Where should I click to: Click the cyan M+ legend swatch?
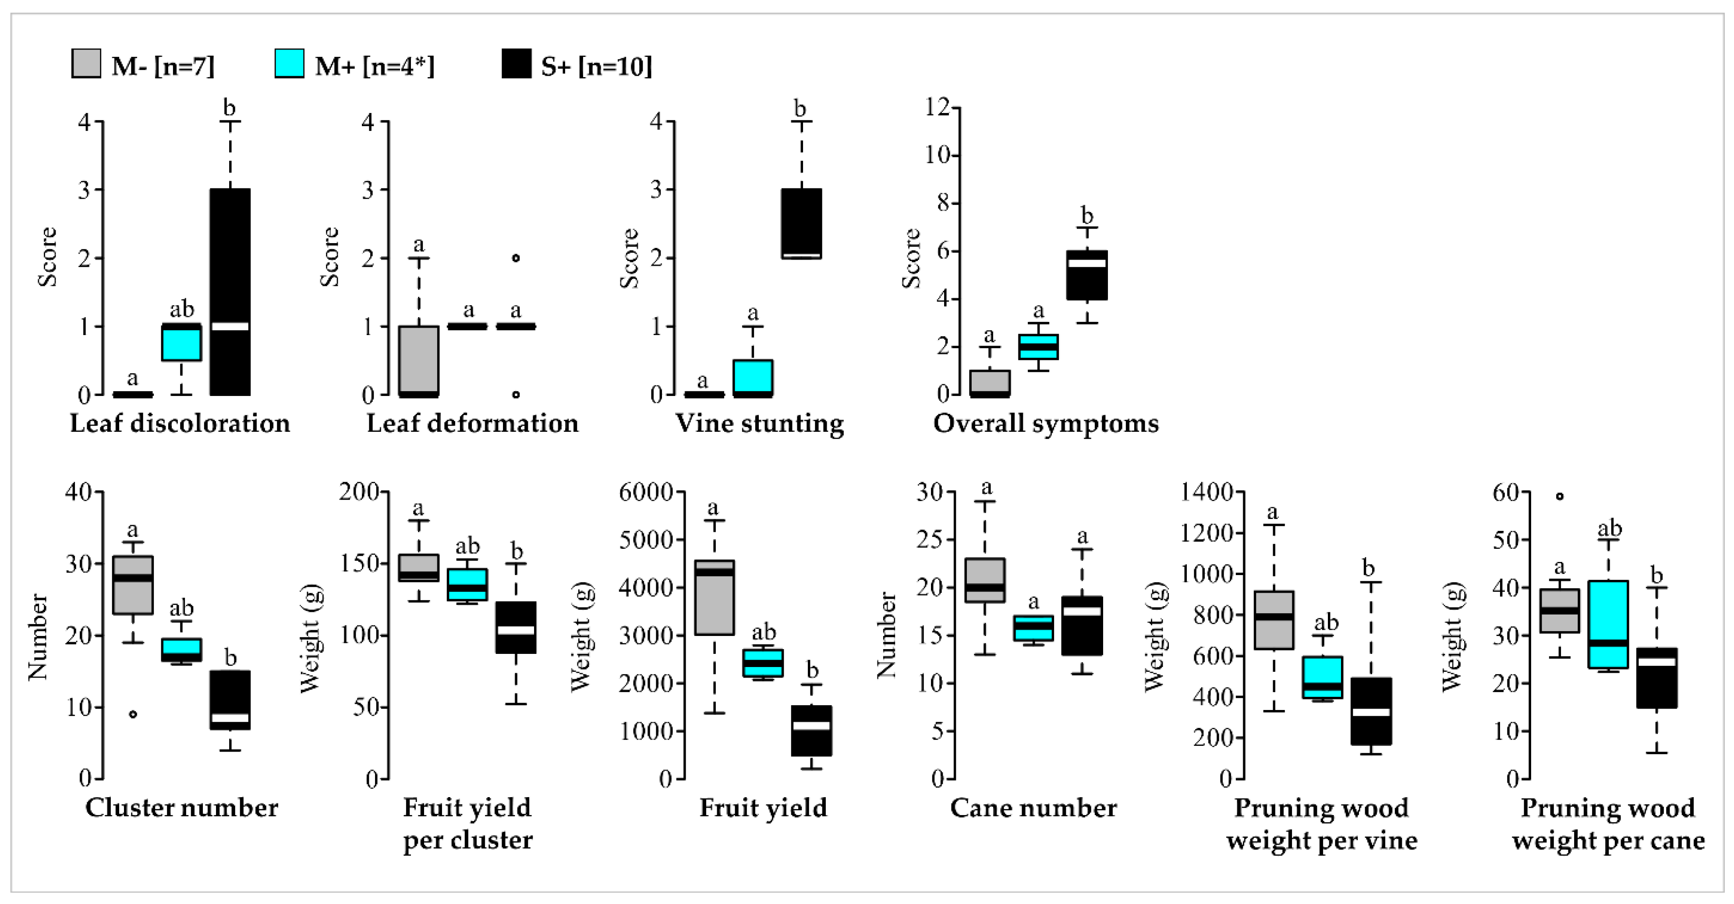click(x=290, y=64)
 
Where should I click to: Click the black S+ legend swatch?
click(x=516, y=64)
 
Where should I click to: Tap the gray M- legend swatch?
click(x=86, y=64)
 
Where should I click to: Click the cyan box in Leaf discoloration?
click(x=181, y=343)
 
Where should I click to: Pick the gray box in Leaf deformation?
click(x=419, y=360)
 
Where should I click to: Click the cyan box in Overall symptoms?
click(x=1038, y=346)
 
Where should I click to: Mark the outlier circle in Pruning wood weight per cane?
click(x=1559, y=497)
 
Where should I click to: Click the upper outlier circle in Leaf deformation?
click(x=516, y=258)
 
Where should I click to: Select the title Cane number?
click(x=1033, y=808)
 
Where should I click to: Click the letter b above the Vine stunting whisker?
click(x=799, y=108)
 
